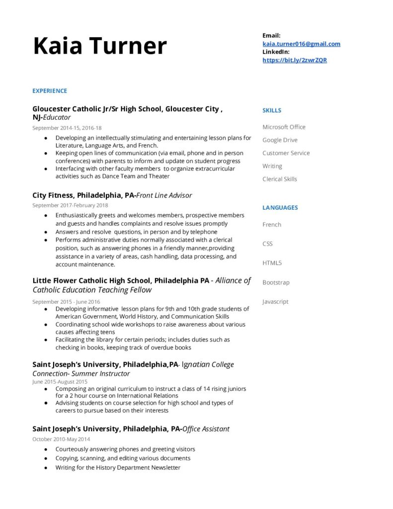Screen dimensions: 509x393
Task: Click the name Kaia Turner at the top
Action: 99,46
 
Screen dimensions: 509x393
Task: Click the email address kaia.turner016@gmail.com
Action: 301,44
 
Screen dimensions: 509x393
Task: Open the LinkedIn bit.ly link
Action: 295,60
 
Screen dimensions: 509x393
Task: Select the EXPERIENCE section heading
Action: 50,91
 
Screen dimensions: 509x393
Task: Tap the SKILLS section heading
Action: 272,110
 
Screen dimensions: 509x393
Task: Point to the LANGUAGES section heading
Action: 280,207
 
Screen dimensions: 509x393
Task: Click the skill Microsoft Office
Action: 284,127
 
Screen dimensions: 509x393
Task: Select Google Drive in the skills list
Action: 280,140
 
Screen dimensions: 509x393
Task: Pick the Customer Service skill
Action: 286,153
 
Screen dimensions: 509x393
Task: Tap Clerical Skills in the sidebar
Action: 280,179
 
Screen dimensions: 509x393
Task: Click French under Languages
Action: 272,225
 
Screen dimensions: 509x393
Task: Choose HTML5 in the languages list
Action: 272,263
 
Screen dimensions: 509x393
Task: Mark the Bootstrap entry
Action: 276,282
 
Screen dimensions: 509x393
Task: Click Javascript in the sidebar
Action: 275,302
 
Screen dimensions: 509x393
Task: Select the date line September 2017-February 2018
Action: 70,205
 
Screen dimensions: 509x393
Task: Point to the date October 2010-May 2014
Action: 61,439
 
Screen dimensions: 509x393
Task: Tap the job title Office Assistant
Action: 206,428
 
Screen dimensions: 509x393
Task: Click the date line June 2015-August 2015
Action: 60,382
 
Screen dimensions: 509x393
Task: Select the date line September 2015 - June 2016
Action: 66,302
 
